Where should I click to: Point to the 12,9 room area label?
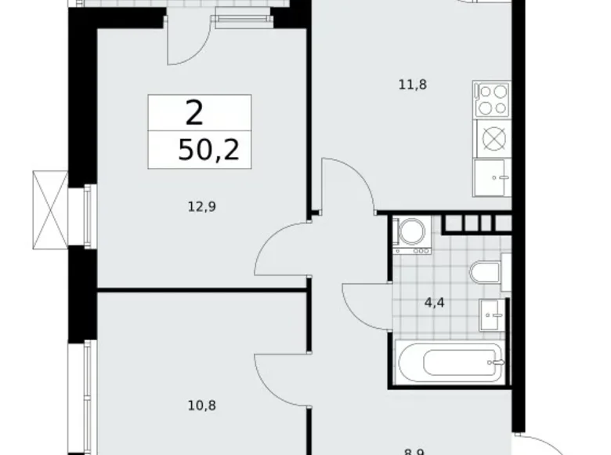click(201, 207)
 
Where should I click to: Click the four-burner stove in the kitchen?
click(493, 100)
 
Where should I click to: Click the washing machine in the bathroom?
click(412, 235)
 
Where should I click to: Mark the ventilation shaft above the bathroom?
click(474, 223)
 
